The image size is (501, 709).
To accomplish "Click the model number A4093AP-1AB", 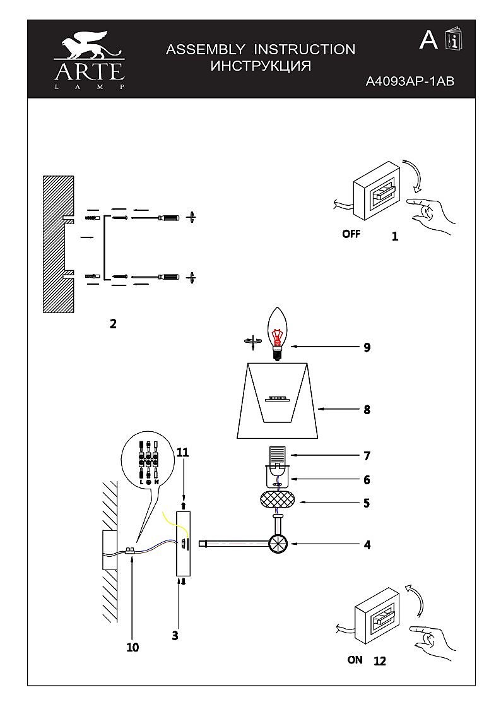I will pyautogui.click(x=410, y=81).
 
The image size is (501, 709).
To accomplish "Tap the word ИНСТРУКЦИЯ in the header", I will pyautogui.click(x=261, y=66).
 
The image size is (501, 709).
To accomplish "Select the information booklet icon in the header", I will pyautogui.click(x=454, y=40).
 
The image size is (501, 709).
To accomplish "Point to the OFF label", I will pyautogui.click(x=351, y=234).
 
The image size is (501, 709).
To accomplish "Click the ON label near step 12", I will pyautogui.click(x=355, y=660).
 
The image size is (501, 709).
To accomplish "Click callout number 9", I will pyautogui.click(x=367, y=347).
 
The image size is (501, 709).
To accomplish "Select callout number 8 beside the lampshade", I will pyautogui.click(x=367, y=409).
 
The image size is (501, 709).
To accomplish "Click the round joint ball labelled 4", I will pyautogui.click(x=278, y=544).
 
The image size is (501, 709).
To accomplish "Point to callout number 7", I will pyautogui.click(x=367, y=455).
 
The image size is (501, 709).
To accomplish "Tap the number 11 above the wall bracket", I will pyautogui.click(x=183, y=452).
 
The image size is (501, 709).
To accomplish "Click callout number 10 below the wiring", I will pyautogui.click(x=133, y=647).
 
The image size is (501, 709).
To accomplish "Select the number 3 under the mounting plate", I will pyautogui.click(x=175, y=636).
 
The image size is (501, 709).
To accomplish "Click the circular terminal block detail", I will pyautogui.click(x=148, y=460).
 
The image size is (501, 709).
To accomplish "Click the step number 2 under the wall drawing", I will pyautogui.click(x=113, y=325).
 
